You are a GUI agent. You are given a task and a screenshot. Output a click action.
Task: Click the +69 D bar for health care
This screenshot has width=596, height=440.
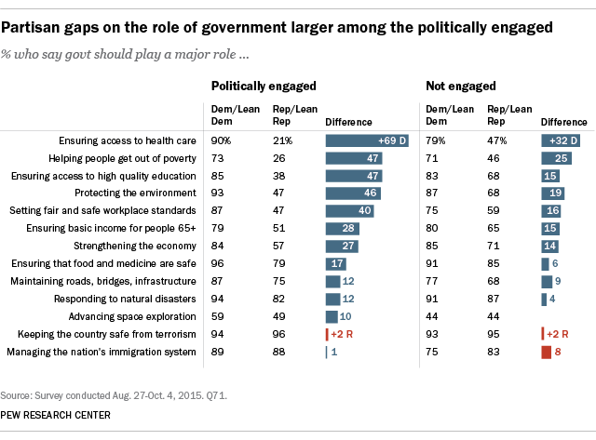[362, 141]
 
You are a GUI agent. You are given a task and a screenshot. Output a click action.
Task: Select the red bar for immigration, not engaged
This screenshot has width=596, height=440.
[546, 353]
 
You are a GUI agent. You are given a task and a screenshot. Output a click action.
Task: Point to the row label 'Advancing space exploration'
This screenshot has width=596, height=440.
[141, 317]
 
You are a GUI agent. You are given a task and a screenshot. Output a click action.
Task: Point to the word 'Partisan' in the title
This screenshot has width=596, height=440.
[40, 27]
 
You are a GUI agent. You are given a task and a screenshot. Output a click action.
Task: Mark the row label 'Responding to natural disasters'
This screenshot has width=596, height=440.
[134, 300]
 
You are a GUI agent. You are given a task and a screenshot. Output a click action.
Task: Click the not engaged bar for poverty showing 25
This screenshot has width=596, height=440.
[556, 159]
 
